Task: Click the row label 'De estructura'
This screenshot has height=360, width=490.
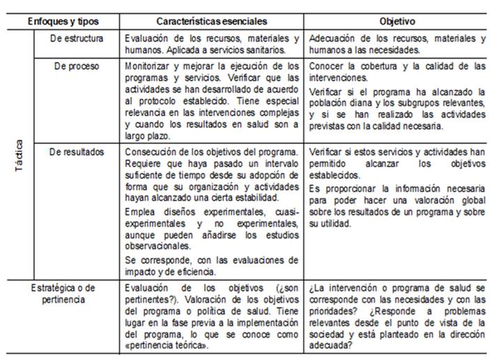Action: pyautogui.click(x=77, y=38)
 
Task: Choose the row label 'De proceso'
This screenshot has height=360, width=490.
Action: pyautogui.click(x=77, y=67)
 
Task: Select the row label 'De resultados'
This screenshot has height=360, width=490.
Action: pyautogui.click(x=77, y=152)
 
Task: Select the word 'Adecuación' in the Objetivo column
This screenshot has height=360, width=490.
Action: pyautogui.click(x=332, y=38)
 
